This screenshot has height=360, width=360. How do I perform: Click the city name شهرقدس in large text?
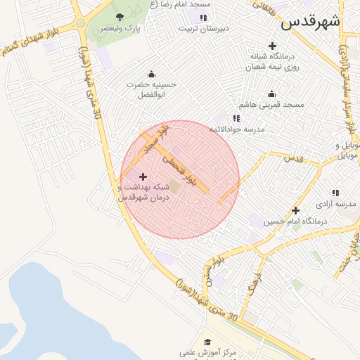310,22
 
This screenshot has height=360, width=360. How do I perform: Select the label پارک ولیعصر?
119,29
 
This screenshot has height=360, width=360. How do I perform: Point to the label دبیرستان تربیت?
203,29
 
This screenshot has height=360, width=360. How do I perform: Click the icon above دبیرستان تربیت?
203,17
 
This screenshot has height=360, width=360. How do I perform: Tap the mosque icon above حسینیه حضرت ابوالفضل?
151,74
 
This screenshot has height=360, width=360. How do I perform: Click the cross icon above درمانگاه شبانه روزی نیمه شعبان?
273,46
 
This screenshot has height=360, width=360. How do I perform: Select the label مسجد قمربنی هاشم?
271,105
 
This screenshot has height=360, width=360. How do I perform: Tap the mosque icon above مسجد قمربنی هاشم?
271,94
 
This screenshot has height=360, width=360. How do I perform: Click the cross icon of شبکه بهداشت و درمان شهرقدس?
143,176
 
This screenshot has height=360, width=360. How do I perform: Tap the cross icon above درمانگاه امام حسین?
296,210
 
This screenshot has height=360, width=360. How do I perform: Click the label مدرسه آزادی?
337,204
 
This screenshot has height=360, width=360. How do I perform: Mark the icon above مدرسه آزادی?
335,193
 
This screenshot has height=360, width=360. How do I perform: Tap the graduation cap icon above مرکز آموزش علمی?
207,341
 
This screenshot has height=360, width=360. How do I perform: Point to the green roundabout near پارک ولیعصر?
81,22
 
